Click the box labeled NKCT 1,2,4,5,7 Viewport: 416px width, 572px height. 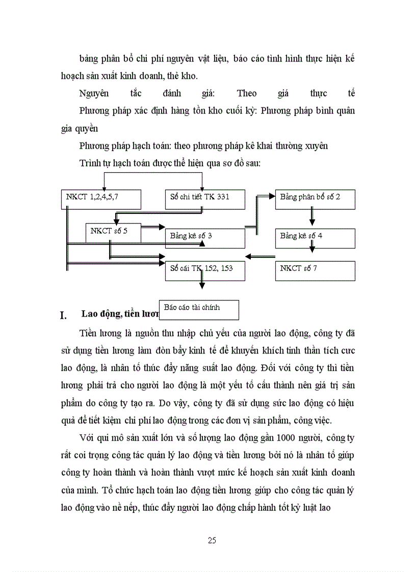click(x=101, y=199)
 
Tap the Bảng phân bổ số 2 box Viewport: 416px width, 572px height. click(x=315, y=199)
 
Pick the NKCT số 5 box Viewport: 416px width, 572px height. click(x=113, y=233)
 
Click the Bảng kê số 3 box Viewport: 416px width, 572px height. click(x=205, y=238)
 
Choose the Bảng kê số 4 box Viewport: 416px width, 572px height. click(x=315, y=238)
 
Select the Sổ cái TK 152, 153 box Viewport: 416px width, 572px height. click(x=205, y=270)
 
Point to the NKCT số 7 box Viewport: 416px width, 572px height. click(x=315, y=270)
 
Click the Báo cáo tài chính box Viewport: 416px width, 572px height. click(x=199, y=309)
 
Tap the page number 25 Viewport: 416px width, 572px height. click(x=212, y=540)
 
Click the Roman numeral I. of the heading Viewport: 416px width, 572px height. click(x=64, y=315)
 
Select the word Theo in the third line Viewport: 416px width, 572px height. click(x=247, y=93)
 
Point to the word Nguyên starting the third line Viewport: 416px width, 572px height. click(x=94, y=93)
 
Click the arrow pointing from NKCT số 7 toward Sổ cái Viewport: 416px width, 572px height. click(x=260, y=256)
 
